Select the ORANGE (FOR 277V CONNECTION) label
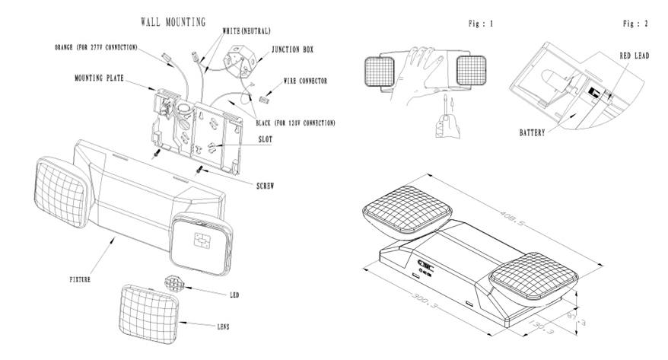(97, 47)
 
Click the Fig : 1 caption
(481, 25)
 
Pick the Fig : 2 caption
(635, 25)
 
